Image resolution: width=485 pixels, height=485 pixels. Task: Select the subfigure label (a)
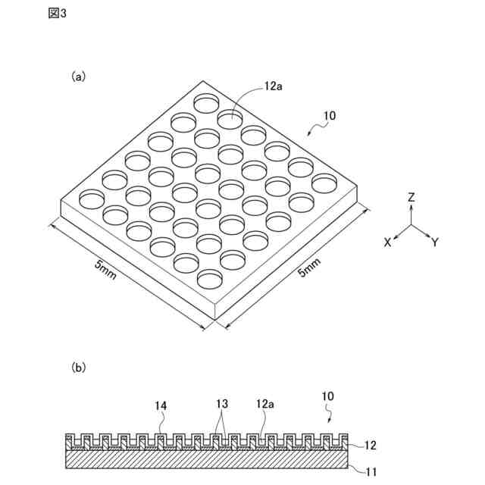pos(79,76)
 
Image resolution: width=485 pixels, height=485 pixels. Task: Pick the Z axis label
pos(411,197)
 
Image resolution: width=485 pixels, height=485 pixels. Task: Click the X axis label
pos(387,242)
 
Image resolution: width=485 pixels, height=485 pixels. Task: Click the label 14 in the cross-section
pos(161,407)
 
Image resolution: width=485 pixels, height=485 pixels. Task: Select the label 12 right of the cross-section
pos(371,446)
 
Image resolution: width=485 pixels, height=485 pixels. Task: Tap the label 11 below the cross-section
pos(371,472)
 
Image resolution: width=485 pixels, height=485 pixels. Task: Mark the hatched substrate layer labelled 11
pos(205,460)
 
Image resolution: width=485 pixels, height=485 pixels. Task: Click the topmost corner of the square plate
pos(202,80)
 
